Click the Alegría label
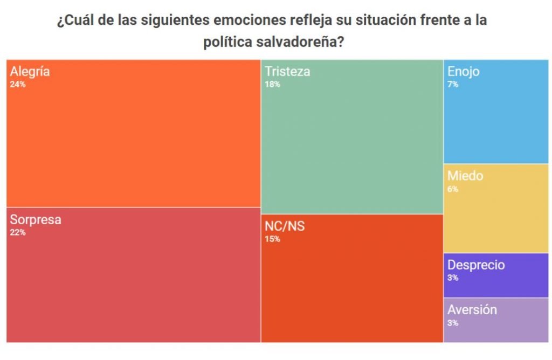(x=30, y=72)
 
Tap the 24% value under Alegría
(x=17, y=85)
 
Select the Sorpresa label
(x=36, y=220)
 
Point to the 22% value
(x=17, y=233)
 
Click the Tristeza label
(x=287, y=72)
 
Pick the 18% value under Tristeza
(x=272, y=85)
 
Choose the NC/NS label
(x=285, y=226)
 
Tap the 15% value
(x=272, y=239)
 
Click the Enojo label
(x=464, y=72)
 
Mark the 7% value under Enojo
(x=453, y=85)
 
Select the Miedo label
(x=465, y=176)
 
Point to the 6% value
(x=453, y=189)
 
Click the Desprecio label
(x=476, y=265)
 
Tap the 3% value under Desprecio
(x=453, y=278)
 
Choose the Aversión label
(x=472, y=310)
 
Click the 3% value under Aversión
(x=453, y=323)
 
